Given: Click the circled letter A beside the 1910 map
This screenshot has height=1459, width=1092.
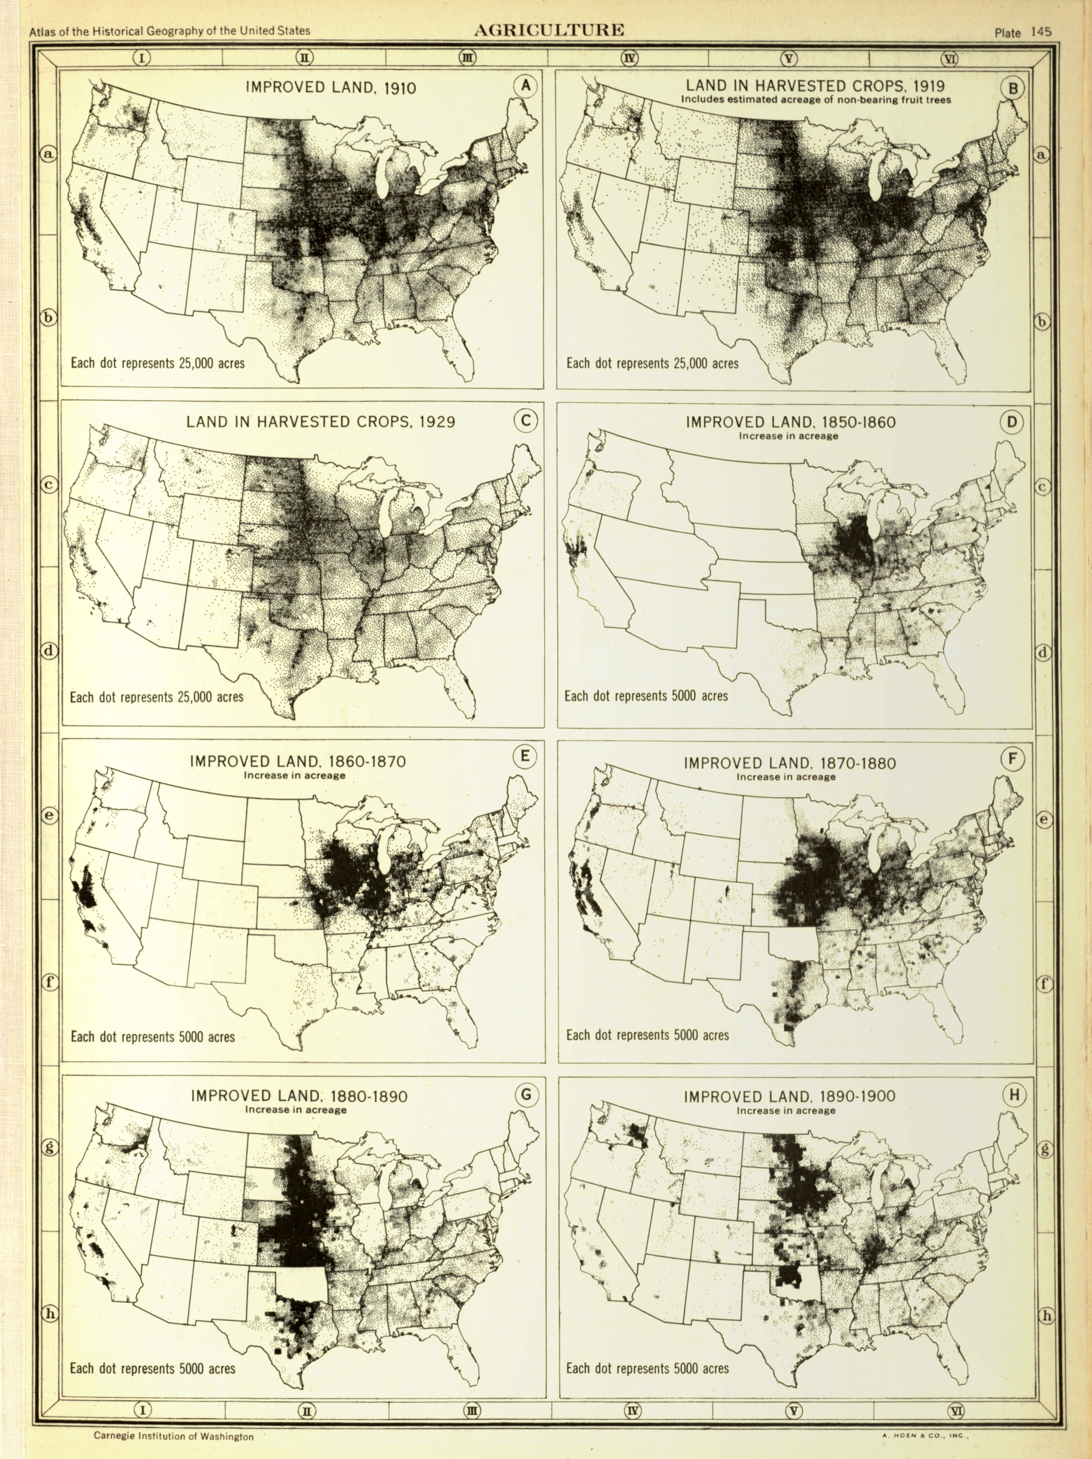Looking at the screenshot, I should coord(525,86).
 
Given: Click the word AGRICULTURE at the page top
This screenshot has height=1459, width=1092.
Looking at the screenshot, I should coord(549,30).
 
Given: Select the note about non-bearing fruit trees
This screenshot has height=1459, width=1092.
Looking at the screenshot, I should coord(816,100).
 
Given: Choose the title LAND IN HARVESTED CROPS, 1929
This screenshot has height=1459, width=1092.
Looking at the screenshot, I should coord(321,421).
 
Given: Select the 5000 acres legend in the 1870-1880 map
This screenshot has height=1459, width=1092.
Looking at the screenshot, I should coord(648,1035).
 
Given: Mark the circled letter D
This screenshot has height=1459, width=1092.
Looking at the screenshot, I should coord(1012,422).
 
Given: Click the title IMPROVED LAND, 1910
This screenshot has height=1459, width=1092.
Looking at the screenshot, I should coord(331,88).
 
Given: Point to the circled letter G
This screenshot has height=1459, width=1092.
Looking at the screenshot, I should coord(525,1095).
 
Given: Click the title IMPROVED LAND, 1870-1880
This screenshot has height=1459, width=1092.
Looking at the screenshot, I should coord(789,763).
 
